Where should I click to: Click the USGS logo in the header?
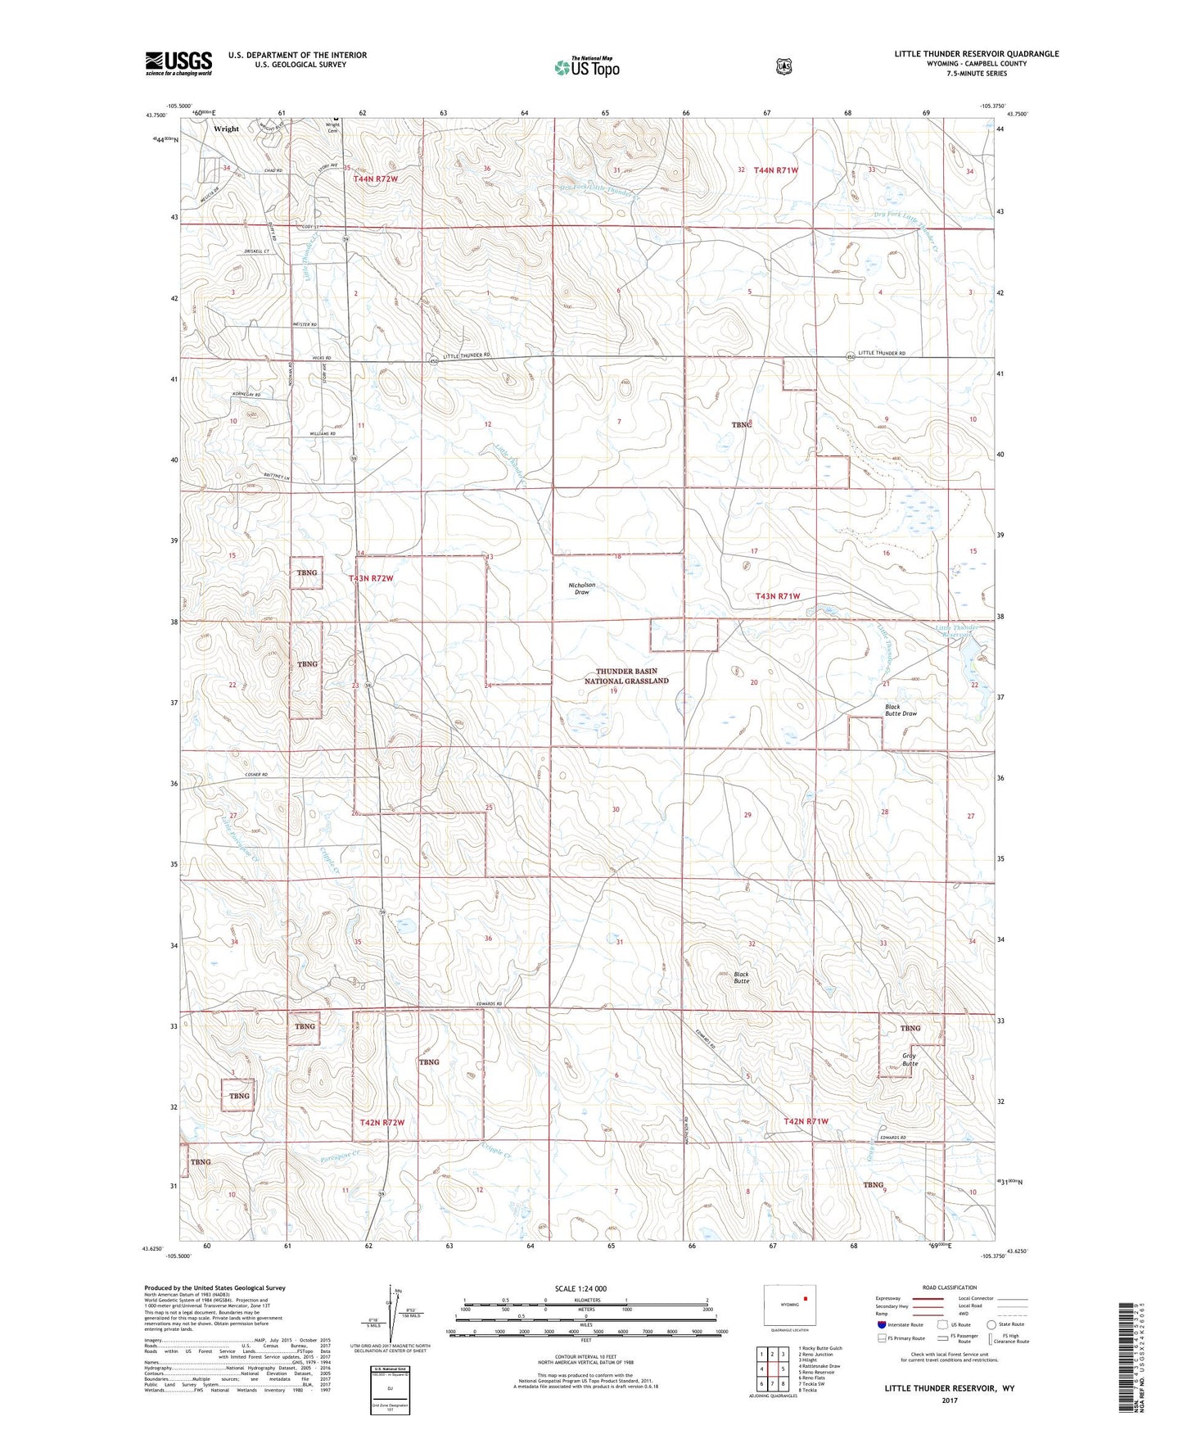tap(178, 63)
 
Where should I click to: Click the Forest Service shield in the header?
tap(783, 66)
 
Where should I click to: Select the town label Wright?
tap(226, 129)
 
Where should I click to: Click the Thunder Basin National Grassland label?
tap(626, 676)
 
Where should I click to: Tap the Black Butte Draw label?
tap(901, 710)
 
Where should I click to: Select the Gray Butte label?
tap(910, 1060)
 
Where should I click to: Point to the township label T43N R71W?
tap(778, 596)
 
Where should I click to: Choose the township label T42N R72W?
tap(382, 1122)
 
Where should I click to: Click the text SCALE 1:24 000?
tap(580, 1289)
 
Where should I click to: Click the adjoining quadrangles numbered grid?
tap(772, 1368)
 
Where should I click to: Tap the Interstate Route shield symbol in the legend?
tap(881, 1324)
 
